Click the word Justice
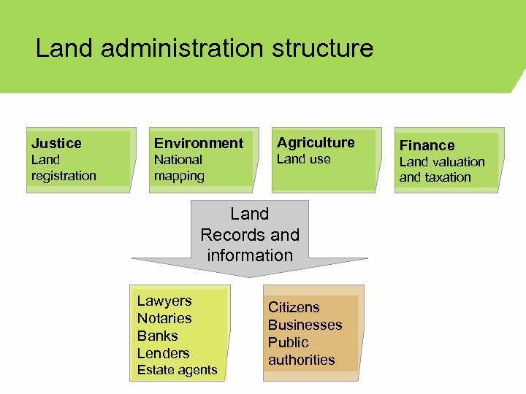(x=56, y=143)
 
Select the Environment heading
(x=198, y=143)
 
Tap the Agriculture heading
(x=316, y=142)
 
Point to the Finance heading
(x=427, y=145)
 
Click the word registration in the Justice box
(x=64, y=176)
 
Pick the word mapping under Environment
(x=179, y=176)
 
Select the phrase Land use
(x=303, y=159)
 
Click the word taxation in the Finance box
(x=446, y=177)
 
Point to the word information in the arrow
(x=250, y=255)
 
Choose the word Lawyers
(x=164, y=301)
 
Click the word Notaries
(x=164, y=318)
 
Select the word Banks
(x=157, y=336)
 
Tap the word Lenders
(x=163, y=353)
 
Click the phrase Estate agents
(x=177, y=370)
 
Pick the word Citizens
(x=294, y=307)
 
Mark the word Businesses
(x=305, y=325)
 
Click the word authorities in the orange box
(x=301, y=360)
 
